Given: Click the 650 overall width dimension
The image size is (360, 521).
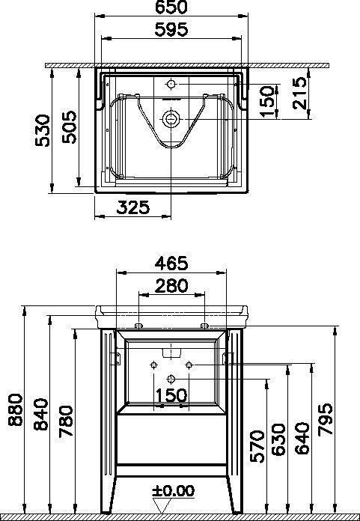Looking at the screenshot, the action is (x=171, y=7).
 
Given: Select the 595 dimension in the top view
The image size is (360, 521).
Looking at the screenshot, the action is (x=171, y=30).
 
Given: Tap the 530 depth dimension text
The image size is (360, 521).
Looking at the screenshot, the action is (x=43, y=130).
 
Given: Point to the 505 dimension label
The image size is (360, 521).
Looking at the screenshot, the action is (x=70, y=127).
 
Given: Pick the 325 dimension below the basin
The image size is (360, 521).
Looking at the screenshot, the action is (x=132, y=207).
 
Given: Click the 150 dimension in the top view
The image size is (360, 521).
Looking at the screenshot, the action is (x=268, y=101).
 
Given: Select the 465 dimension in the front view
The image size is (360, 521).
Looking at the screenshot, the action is (x=171, y=263).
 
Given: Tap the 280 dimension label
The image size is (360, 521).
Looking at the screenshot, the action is (x=171, y=286).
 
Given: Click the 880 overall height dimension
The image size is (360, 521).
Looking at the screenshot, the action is (x=16, y=409).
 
